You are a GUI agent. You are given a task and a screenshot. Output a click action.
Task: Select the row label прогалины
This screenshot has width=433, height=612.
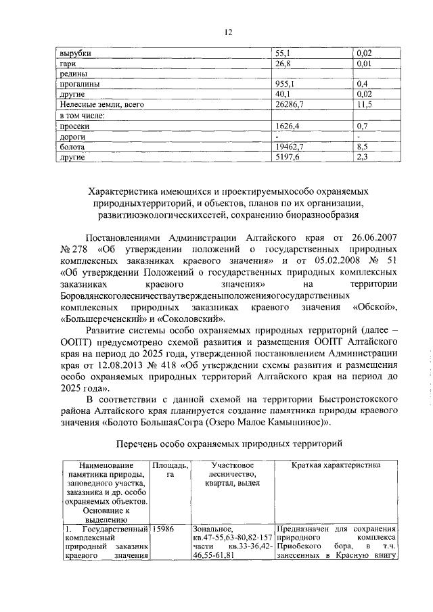click(80, 84)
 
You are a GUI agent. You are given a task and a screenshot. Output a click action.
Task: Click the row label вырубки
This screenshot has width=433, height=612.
click(75, 53)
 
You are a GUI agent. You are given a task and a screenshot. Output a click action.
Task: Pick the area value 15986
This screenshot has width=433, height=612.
click(166, 528)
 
